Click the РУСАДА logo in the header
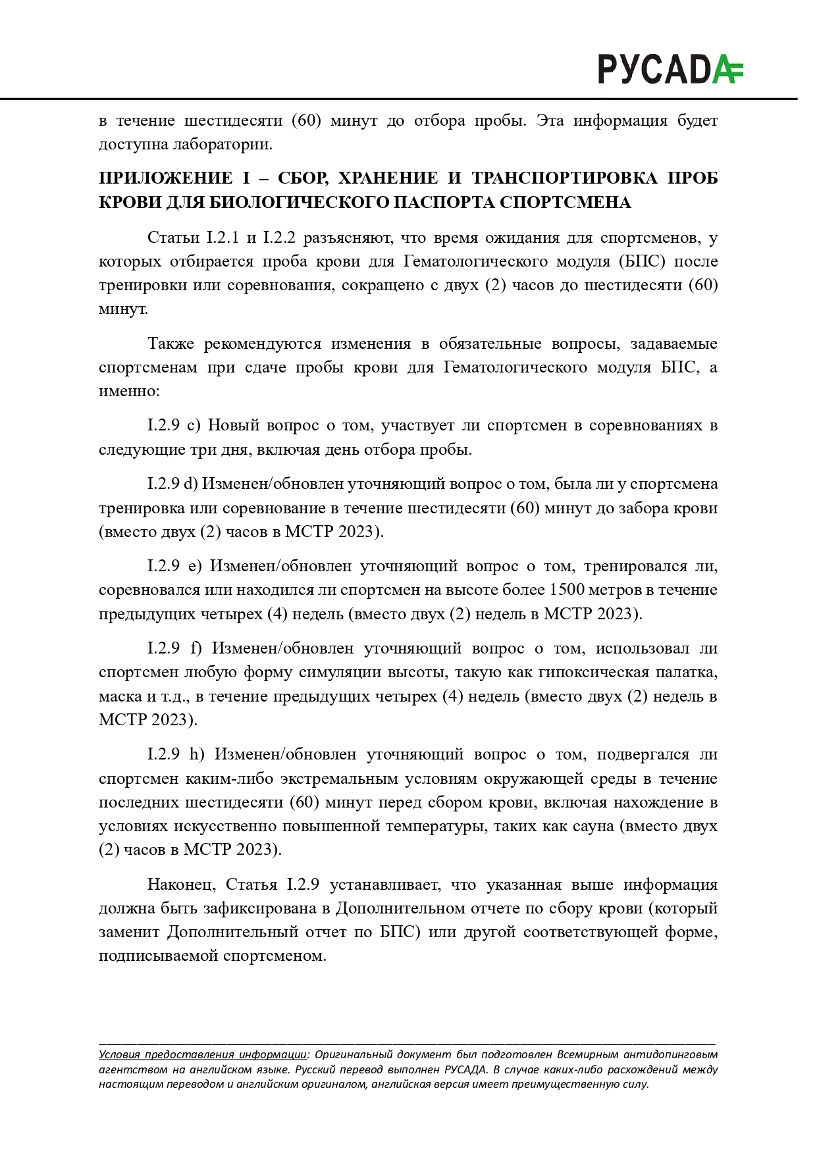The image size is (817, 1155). [670, 69]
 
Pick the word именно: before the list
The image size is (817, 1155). [129, 391]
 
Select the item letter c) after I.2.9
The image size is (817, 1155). [194, 425]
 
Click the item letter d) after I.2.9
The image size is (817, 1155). [190, 484]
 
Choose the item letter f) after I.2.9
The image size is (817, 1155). [196, 648]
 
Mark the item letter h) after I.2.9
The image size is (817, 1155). [197, 754]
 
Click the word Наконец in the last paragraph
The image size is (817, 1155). [179, 885]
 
